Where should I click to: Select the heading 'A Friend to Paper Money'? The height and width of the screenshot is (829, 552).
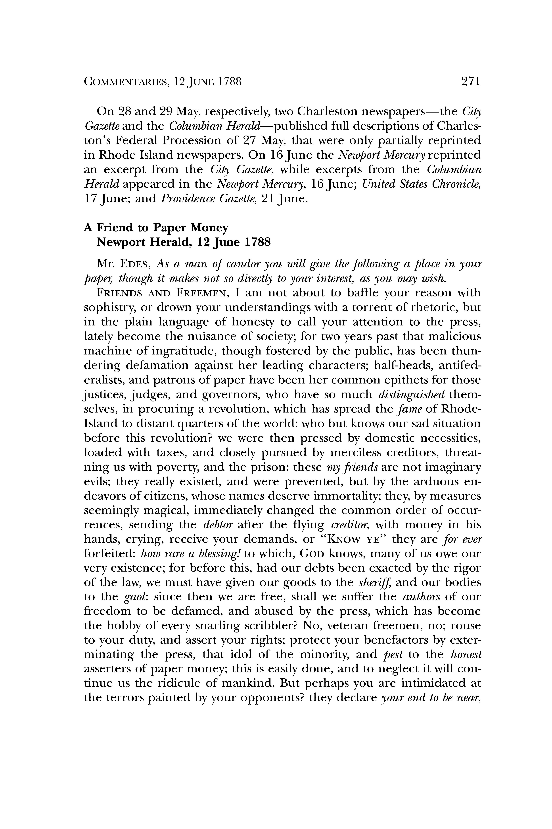[x=156, y=228]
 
